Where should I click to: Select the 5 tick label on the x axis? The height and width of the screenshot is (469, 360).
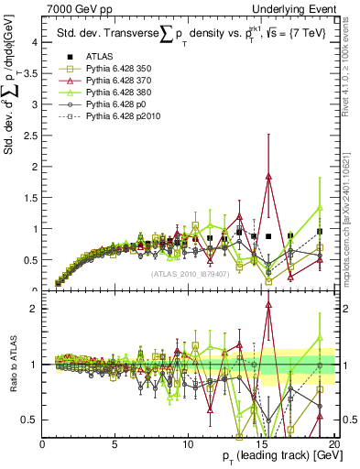(115, 443)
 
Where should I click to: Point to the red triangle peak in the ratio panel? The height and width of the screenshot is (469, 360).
(268, 307)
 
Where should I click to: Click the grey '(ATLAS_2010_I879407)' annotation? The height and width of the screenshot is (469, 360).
(189, 275)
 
